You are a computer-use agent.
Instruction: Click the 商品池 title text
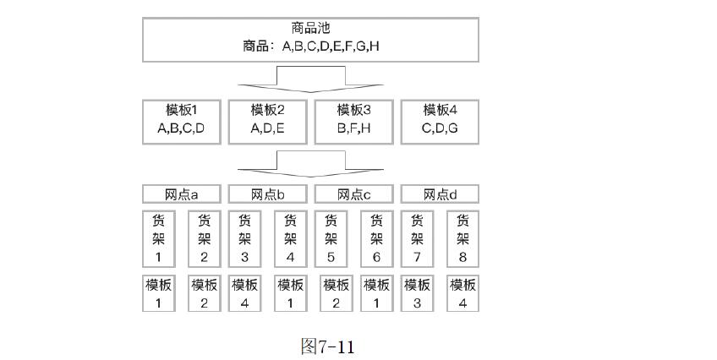309,28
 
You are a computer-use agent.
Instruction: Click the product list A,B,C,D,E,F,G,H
310,46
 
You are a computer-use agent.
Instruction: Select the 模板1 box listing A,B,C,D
181,120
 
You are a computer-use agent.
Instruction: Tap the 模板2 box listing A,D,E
267,120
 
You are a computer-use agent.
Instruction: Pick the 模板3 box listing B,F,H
353,120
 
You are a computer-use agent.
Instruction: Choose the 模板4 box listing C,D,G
440,120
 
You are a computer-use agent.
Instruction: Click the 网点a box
181,194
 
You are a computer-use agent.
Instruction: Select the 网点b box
267,194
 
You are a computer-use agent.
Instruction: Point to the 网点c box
353,194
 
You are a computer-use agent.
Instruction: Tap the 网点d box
440,194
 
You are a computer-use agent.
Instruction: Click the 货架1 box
158,238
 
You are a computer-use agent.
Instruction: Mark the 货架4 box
290,238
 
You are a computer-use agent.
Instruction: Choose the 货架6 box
376,238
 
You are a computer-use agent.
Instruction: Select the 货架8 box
462,238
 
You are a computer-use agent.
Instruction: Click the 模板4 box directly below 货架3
244,293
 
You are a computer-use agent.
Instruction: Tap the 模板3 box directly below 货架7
417,293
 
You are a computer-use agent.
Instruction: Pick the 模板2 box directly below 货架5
336,293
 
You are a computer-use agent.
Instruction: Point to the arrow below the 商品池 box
310,80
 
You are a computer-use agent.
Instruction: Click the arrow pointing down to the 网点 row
310,162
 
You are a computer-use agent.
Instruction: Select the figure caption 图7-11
327,346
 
